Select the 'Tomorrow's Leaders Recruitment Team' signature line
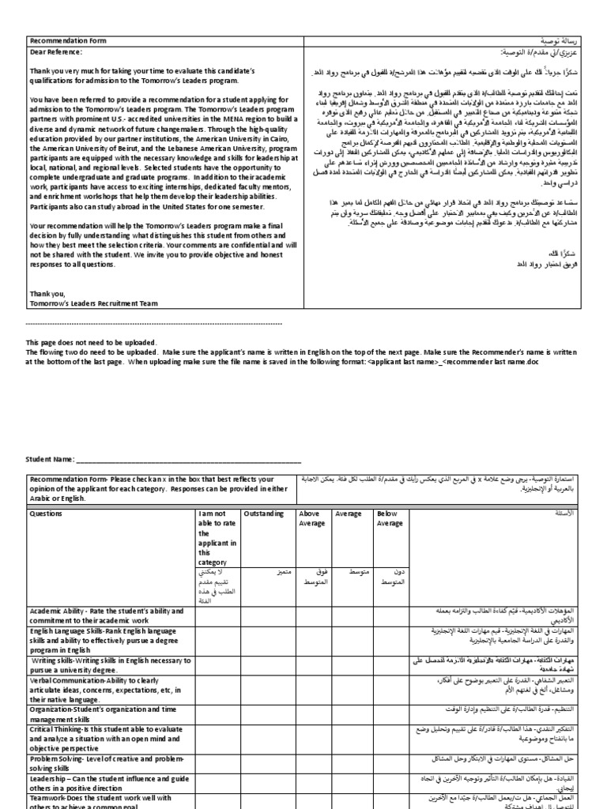[x=89, y=302]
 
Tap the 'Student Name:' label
[x=51, y=459]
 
